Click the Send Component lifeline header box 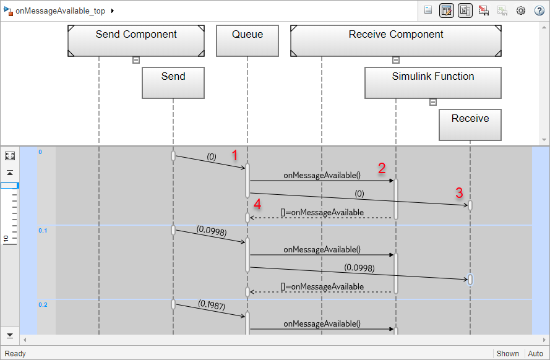136,41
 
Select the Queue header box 247,41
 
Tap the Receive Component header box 396,41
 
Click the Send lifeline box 173,83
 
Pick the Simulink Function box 433,83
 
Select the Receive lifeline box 470,125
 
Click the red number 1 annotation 234,155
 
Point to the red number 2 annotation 382,168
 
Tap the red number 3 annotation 459,192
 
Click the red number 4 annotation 257,204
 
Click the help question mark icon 539,11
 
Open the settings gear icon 521,11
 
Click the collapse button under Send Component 136,60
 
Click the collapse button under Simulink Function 433,102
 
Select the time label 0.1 43,230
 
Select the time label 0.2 43,304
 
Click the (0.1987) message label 212,304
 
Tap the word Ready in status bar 15,353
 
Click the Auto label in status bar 535,353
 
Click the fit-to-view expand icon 10,156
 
